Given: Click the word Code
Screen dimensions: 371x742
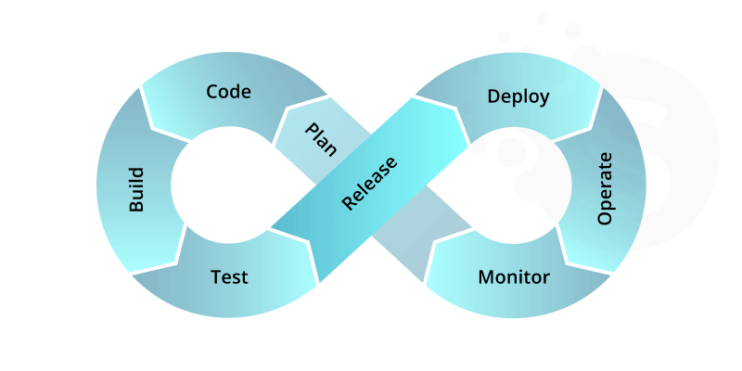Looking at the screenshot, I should [228, 92].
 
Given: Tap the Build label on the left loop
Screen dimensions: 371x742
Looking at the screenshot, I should [136, 190].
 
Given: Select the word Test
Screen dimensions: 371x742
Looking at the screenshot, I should [229, 276].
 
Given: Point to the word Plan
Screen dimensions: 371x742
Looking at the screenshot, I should [321, 138].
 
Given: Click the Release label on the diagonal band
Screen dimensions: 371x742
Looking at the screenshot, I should [368, 183].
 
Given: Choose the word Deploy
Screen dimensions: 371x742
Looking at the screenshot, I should [518, 96].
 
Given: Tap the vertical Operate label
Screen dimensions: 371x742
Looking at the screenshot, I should [606, 188].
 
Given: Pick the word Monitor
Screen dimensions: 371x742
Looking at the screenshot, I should [514, 276].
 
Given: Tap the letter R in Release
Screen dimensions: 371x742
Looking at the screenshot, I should [347, 203].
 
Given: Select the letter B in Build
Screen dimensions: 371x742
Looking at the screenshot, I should [136, 207].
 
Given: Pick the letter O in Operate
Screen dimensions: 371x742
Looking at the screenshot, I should [605, 217].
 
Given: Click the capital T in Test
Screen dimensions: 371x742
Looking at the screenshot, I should [215, 276].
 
